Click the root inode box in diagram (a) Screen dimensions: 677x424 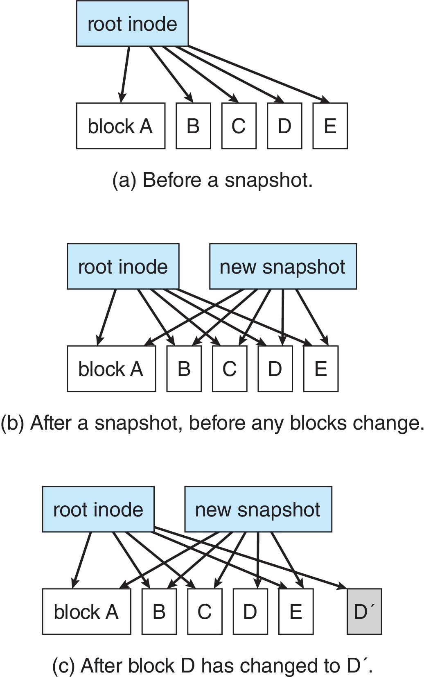coord(132,24)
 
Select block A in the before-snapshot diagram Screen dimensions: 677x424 coord(121,126)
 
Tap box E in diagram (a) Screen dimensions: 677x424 coord(330,126)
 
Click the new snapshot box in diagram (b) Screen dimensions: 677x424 coord(283,267)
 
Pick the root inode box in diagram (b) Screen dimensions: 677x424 coord(123,267)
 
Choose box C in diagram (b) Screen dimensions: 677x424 coord(230,369)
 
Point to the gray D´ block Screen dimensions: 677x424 coord(364,611)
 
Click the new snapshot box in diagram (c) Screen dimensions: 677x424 coord(258,509)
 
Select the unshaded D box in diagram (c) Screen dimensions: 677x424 coord(250,611)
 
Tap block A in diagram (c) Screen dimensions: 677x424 coord(86,611)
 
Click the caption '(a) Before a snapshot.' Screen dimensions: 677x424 coord(212,180)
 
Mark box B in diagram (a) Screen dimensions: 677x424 coord(193,126)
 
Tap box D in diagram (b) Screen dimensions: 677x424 coord(275,369)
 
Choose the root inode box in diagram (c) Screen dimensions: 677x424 coord(98,509)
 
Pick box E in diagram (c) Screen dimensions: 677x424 coord(295,611)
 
